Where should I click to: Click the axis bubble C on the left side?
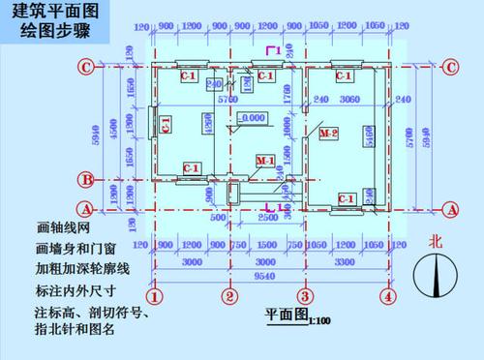[86, 67]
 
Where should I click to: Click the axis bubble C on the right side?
[451, 67]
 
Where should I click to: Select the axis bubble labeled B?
[86, 179]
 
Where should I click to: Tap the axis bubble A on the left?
[86, 208]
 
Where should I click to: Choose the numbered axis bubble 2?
[229, 296]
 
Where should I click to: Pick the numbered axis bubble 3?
[303, 296]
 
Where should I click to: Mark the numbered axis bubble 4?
[387, 296]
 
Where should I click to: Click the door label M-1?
[264, 158]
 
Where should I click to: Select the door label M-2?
[329, 133]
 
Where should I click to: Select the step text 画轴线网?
[61, 229]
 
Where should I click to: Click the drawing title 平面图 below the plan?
[286, 315]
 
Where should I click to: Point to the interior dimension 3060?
[351, 100]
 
